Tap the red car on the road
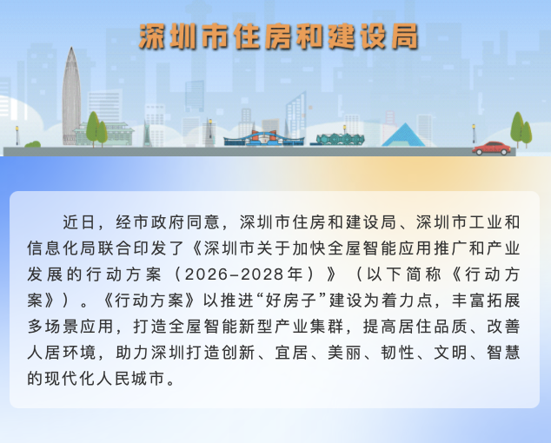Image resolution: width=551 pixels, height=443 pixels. (x=492, y=148)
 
